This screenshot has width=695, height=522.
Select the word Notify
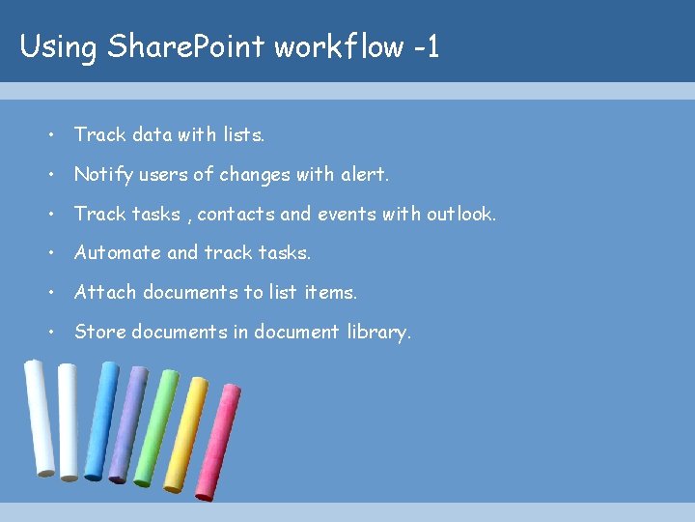(102, 175)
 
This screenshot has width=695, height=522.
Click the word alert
(364, 175)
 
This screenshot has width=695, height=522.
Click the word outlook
(459, 214)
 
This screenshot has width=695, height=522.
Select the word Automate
(117, 253)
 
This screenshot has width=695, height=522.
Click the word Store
(99, 332)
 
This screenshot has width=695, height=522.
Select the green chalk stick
(156, 425)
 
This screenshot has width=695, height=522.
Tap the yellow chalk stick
(185, 435)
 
